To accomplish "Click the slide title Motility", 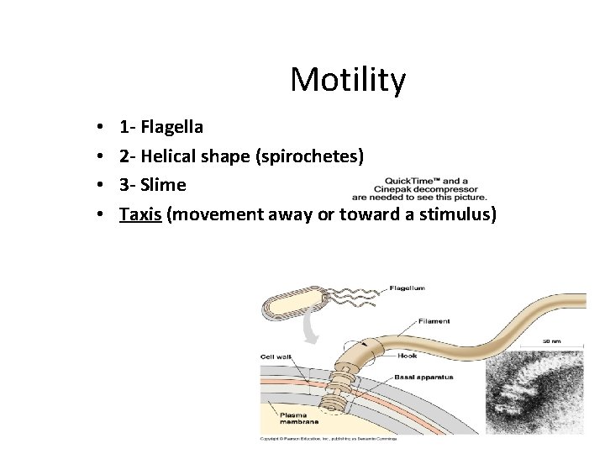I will click(348, 81).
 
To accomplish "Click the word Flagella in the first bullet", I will click(171, 128).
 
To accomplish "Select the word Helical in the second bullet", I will click(167, 156).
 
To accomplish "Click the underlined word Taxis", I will click(140, 214).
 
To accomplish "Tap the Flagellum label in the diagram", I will click(407, 288).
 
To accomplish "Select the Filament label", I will click(434, 320).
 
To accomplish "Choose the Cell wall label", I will click(276, 357).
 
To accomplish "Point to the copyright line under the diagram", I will click(328, 439).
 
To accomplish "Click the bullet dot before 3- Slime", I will click(100, 186).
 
